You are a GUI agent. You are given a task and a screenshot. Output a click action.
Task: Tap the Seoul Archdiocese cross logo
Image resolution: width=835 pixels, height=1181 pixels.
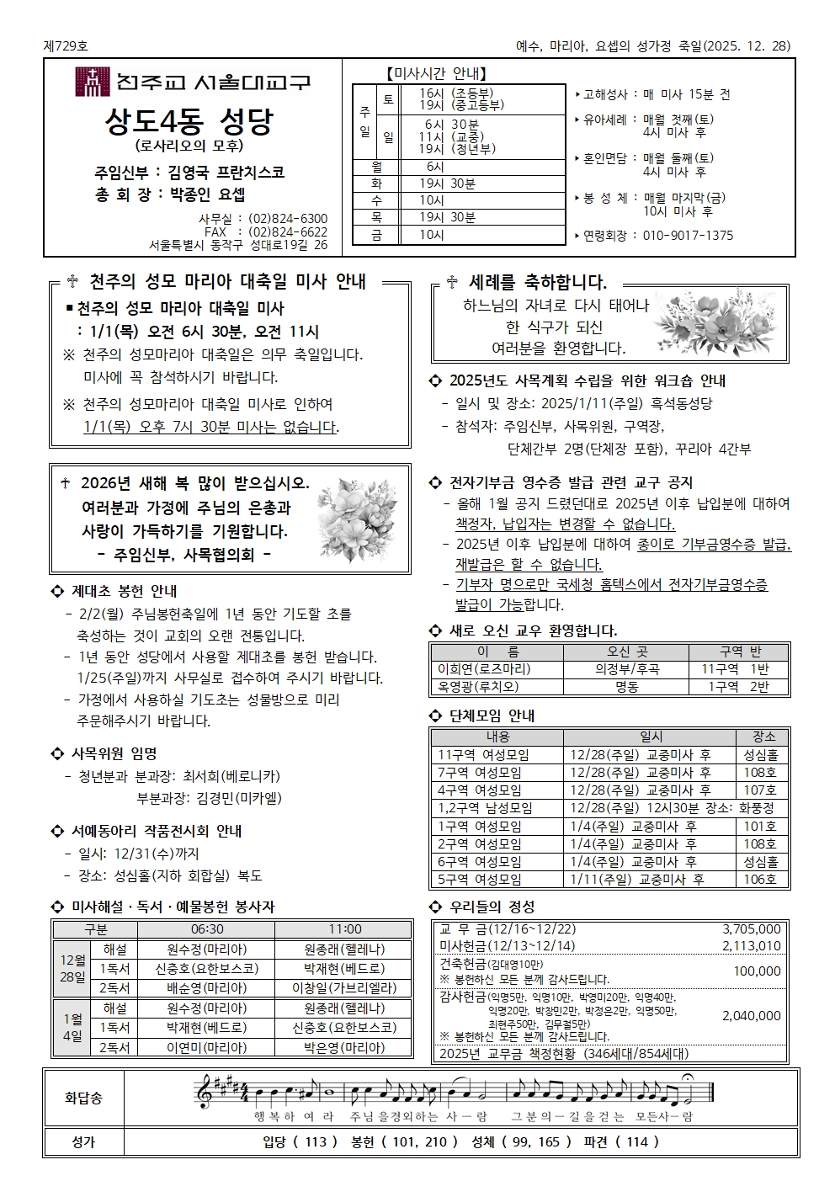pos(92,82)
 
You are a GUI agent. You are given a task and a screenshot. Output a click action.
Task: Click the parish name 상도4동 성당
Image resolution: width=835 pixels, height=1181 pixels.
pos(189,123)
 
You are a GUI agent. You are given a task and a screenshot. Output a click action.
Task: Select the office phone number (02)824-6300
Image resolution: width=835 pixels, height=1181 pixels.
pos(288,219)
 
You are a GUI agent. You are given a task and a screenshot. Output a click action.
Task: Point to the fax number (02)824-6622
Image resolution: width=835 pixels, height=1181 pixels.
pos(288,231)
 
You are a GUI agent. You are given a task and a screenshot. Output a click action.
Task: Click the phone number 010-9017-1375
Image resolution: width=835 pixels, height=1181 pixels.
pos(688,236)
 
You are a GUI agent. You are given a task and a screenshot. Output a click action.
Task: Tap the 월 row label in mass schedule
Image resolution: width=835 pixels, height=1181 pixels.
pos(375,167)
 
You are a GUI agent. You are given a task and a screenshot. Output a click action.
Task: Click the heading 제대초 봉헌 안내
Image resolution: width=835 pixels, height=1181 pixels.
pos(124,591)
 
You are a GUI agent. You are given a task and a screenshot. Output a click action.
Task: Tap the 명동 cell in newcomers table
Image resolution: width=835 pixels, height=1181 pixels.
pos(626,687)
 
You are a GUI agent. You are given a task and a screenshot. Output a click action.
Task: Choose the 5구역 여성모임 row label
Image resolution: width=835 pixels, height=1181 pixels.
pos(479,880)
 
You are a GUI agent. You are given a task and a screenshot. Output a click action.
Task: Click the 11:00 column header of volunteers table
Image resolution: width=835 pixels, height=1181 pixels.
pos(344,928)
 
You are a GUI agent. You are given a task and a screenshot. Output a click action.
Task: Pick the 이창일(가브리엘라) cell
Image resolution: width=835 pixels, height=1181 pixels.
pos(344,987)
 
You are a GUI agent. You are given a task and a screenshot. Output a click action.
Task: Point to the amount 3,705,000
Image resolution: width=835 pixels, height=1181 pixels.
pos(751,928)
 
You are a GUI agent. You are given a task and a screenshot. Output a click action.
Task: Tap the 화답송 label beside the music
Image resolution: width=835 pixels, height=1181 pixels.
pos(83,1098)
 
